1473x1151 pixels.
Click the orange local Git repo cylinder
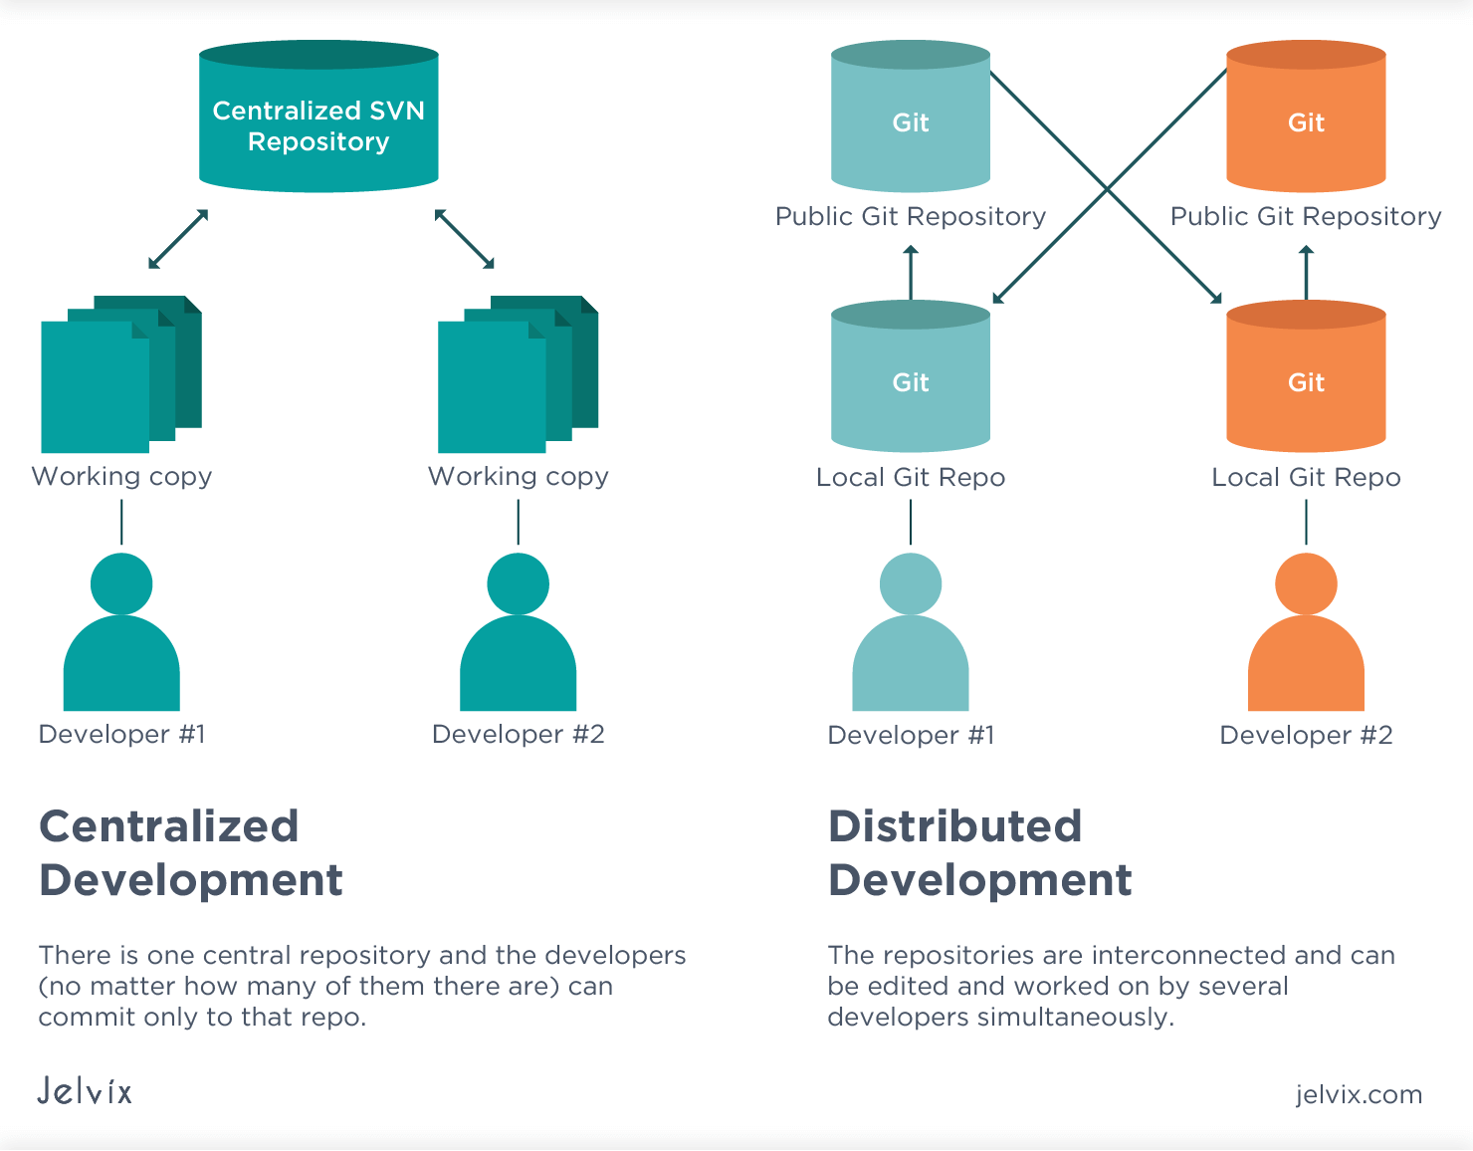pyautogui.click(x=1306, y=378)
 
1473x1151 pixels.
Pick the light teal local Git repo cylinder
pyautogui.click(x=911, y=378)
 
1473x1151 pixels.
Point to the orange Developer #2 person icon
pyautogui.click(x=1306, y=637)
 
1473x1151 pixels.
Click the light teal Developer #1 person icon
pyautogui.click(x=911, y=637)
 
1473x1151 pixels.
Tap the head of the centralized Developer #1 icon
pyautogui.click(x=121, y=583)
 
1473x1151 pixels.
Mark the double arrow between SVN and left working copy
pyautogui.click(x=178, y=239)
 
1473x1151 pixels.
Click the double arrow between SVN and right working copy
pyautogui.click(x=464, y=239)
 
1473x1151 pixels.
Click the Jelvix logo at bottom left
pyautogui.click(x=85, y=1091)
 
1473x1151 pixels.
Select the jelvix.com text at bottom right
pyautogui.click(x=1359, y=1094)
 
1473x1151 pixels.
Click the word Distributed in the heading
pyautogui.click(x=954, y=826)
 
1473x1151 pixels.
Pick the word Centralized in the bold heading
pyautogui.click(x=168, y=826)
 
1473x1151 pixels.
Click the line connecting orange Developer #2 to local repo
pyautogui.click(x=1306, y=523)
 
